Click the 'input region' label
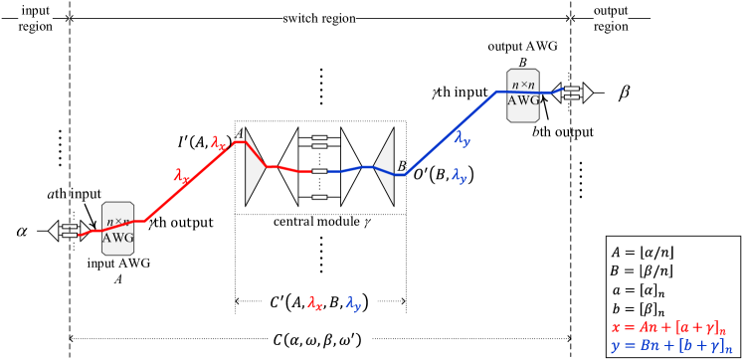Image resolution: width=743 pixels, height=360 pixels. click(x=35, y=19)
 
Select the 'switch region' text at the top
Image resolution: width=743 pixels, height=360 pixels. click(x=319, y=19)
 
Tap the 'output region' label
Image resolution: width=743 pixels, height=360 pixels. click(x=611, y=19)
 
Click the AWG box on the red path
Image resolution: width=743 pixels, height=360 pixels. click(x=117, y=229)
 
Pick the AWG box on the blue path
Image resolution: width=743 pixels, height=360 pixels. click(x=523, y=94)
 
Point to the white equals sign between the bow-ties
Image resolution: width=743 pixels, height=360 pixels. click(x=319, y=143)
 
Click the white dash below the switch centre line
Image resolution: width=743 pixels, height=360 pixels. click(x=319, y=197)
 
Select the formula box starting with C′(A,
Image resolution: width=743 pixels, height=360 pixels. click(x=319, y=302)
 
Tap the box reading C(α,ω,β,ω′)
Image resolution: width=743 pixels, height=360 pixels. click(x=319, y=340)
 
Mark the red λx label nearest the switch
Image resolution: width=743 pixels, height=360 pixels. click(x=219, y=142)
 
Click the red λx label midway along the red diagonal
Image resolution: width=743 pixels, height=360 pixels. click(x=182, y=176)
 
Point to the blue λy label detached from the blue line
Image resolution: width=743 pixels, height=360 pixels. click(x=460, y=175)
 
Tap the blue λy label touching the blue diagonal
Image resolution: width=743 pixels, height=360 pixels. click(x=463, y=140)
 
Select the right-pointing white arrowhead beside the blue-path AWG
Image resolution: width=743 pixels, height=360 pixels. click(x=588, y=92)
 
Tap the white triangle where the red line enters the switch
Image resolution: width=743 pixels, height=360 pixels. click(x=257, y=167)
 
